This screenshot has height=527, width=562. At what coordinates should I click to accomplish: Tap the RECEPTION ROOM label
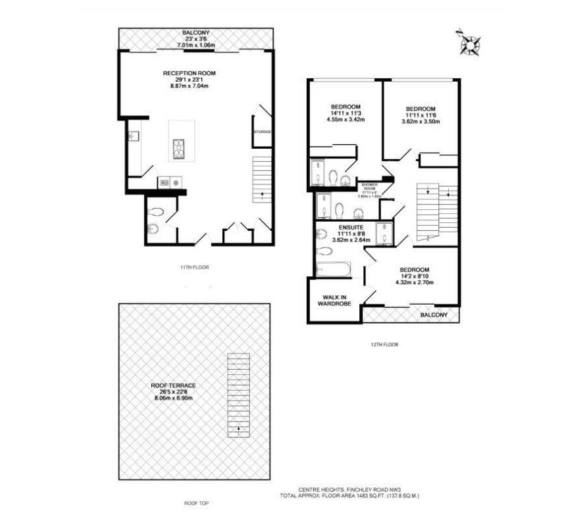tap(190, 73)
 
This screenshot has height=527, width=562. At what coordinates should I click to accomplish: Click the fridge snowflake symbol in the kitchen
tap(176, 183)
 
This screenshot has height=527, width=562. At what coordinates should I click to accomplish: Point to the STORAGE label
tap(262, 132)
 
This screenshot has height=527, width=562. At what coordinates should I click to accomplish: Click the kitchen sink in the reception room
tap(132, 136)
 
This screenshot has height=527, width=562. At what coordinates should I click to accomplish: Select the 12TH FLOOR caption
tap(385, 344)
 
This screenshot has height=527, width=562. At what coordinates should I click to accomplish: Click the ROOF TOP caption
tap(197, 503)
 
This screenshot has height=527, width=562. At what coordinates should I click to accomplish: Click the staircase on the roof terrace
tap(238, 395)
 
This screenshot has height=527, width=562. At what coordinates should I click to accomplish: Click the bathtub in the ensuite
tap(333, 270)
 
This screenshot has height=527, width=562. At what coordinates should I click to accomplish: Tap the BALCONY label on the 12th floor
tap(434, 316)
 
